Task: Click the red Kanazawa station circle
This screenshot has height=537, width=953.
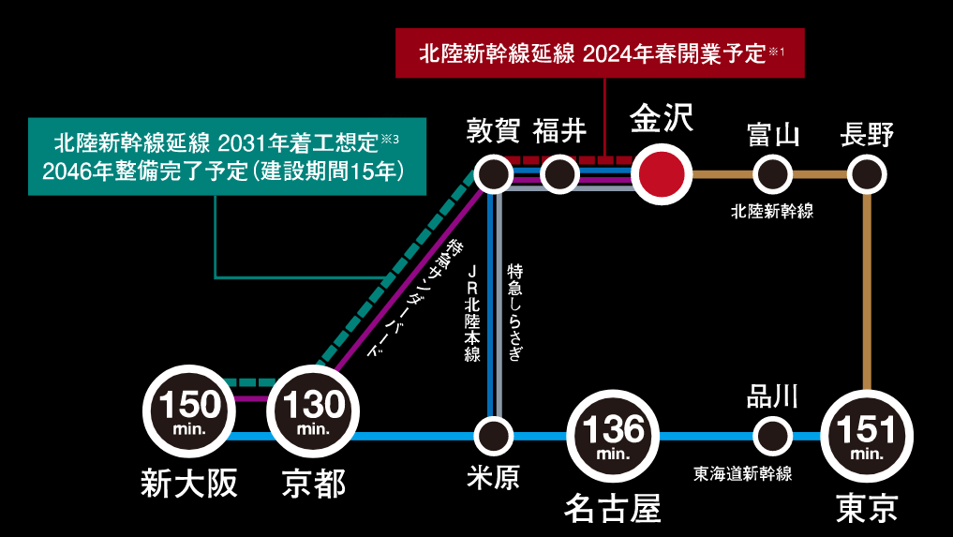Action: [x=661, y=173]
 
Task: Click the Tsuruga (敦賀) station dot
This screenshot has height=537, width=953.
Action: [x=493, y=173]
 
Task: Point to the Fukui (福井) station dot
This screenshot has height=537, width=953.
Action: [x=559, y=173]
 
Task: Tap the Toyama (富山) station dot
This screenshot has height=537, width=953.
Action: [x=772, y=173]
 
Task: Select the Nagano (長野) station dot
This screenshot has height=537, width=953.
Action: [x=867, y=173]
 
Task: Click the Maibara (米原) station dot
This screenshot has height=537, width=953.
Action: [x=493, y=436]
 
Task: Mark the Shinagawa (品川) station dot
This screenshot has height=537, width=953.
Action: [x=772, y=436]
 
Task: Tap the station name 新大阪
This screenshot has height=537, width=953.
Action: [x=188, y=484]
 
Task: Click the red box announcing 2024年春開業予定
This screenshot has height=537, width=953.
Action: [x=600, y=52]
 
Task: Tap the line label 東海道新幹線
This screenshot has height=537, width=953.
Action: [x=743, y=473]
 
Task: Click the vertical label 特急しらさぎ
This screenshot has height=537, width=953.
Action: [x=514, y=312]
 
